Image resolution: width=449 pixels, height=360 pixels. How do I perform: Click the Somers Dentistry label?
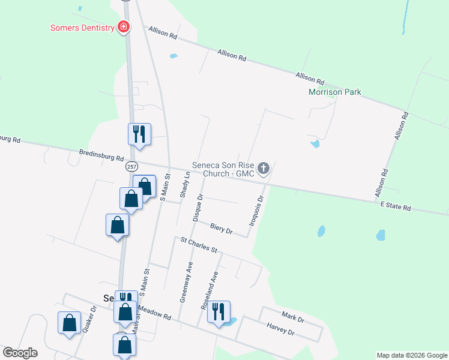(x=82, y=28)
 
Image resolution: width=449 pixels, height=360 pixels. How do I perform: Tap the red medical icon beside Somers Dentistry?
(x=124, y=27)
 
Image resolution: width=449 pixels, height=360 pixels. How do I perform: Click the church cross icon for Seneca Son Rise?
(x=264, y=169)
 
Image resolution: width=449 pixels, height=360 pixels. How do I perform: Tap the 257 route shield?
(x=133, y=166)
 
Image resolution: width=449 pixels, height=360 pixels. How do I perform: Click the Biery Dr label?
(x=221, y=227)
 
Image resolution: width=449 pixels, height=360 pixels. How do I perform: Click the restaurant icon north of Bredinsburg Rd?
(x=139, y=134)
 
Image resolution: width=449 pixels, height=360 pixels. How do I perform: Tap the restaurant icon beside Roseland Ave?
(x=219, y=311)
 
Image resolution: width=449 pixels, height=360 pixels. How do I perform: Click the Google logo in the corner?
(x=20, y=353)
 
